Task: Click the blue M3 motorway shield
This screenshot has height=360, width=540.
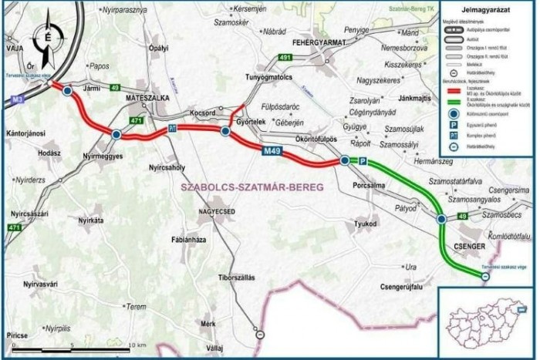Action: pyautogui.click(x=18, y=99)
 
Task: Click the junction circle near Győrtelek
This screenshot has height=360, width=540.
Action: pyautogui.click(x=224, y=133)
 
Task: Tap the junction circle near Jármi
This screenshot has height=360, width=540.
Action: pyautogui.click(x=68, y=91)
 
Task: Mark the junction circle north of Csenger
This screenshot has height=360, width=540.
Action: pyautogui.click(x=441, y=220)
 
